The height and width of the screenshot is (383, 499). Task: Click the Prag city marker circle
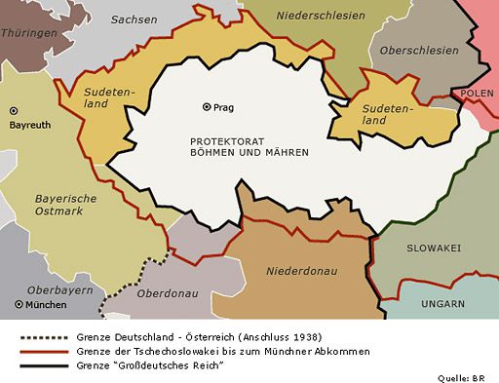tap(207, 107)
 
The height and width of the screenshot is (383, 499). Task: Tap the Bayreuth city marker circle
tap(14, 111)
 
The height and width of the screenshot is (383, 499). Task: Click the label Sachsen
tap(134, 19)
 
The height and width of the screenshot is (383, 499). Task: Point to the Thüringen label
tap(29, 32)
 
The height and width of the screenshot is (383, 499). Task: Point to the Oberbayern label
tap(33, 287)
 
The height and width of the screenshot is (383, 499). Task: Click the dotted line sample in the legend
tap(45, 336)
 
